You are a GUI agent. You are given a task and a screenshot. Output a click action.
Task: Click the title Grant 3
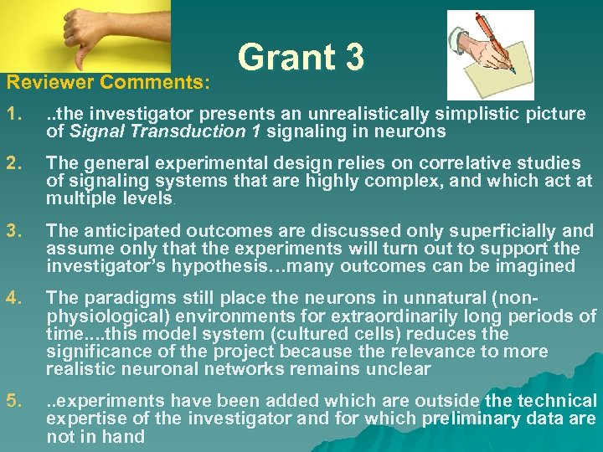301,58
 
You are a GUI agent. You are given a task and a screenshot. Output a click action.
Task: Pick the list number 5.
14,402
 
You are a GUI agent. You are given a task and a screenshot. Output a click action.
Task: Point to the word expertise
82,419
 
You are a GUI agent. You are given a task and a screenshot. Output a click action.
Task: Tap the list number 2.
14,162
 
